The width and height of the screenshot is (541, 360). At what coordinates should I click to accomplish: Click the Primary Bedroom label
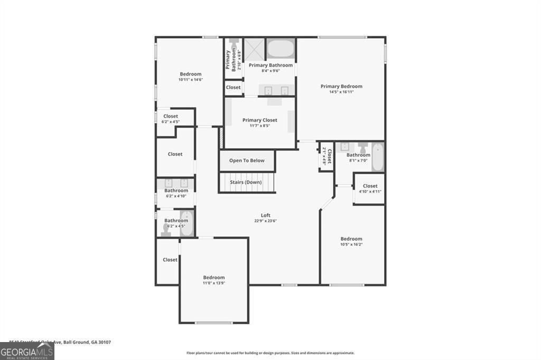point(341,86)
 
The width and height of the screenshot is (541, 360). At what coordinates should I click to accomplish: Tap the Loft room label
point(265,215)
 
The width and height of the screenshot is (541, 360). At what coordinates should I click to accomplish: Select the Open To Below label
point(247,160)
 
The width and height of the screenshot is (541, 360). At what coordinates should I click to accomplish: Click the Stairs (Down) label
point(246,182)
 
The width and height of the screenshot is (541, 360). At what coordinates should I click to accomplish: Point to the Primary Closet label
point(259,120)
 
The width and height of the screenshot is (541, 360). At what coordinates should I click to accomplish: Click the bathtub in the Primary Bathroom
point(280,49)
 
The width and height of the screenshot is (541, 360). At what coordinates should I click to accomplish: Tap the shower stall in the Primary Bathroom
point(254,49)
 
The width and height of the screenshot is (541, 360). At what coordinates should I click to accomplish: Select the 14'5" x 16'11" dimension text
point(341,92)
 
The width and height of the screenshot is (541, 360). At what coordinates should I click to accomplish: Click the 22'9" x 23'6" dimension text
point(265,221)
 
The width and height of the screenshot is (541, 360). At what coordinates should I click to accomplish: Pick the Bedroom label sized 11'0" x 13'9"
point(214,278)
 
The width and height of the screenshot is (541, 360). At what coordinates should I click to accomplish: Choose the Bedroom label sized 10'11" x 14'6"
point(191,74)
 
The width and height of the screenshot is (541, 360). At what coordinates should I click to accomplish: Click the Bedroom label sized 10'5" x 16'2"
point(351,239)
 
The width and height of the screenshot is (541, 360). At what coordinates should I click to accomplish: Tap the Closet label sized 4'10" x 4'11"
point(370,186)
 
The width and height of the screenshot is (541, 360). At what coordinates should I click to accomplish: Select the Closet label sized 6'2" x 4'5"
point(171,116)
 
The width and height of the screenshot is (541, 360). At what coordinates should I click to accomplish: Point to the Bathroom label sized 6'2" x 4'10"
point(176,191)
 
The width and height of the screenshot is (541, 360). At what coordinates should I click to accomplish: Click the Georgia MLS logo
point(27,351)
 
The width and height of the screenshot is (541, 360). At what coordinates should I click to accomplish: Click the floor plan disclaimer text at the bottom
point(270,353)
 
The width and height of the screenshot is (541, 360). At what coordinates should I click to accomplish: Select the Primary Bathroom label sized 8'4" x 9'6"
point(270,65)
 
